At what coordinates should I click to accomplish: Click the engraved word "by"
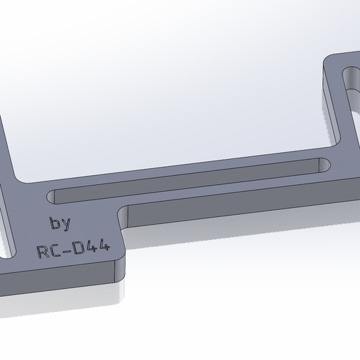tap(60, 224)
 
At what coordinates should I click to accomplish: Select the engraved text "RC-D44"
tap(73, 249)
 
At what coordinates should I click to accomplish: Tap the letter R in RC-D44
tap(42, 251)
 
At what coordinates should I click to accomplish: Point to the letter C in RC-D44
tap(54, 250)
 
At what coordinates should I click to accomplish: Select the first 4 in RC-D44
tap(92, 247)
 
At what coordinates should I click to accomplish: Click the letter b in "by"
tap(54, 223)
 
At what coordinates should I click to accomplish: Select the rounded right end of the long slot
tap(322, 166)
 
